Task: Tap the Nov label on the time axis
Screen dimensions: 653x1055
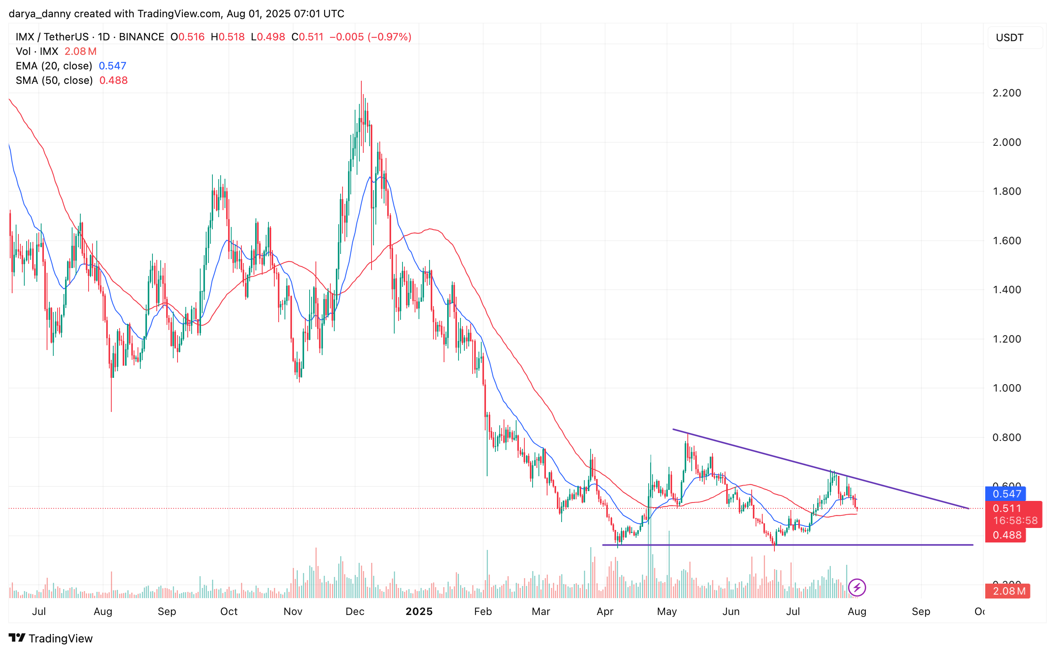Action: (x=293, y=611)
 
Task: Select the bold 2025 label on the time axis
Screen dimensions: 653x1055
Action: (x=419, y=611)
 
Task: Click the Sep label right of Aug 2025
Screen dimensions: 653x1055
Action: (x=921, y=611)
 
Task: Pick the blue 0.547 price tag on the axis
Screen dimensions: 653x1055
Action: (x=1006, y=493)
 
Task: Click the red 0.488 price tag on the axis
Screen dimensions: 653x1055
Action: (x=1006, y=535)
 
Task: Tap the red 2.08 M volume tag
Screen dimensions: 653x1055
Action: (x=1008, y=591)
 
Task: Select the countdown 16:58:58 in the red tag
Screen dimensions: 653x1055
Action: (x=1015, y=521)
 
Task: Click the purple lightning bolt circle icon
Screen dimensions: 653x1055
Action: (x=857, y=588)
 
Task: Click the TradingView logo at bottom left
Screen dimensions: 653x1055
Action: (x=51, y=638)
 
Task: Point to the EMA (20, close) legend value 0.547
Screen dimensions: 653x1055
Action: (x=112, y=65)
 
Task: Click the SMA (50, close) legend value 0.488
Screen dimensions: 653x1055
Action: (x=113, y=80)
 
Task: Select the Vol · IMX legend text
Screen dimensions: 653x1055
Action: (x=37, y=51)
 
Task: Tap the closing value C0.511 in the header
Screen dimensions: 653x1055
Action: (x=308, y=37)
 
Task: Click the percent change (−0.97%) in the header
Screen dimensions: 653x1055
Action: (x=389, y=37)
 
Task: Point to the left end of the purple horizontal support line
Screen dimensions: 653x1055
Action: (x=603, y=545)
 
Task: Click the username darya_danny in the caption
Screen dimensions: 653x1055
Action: (x=39, y=14)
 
